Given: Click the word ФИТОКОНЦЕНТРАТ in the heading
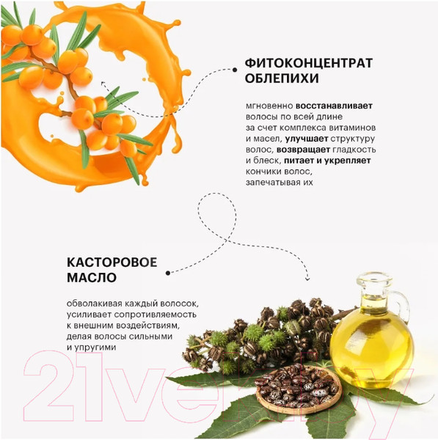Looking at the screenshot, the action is pyautogui.click(x=309, y=63).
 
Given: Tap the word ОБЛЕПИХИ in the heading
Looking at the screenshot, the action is pyautogui.click(x=282, y=78).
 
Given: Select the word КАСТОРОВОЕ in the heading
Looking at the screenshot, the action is pyautogui.click(x=112, y=263).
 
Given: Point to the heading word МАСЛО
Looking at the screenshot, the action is pyautogui.click(x=92, y=277).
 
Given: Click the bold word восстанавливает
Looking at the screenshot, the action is pyautogui.click(x=334, y=106).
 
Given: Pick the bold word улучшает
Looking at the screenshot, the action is pyautogui.click(x=307, y=139).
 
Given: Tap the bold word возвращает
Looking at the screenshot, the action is pyautogui.click(x=303, y=150).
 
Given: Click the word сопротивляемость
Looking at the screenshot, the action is pyautogui.click(x=156, y=315).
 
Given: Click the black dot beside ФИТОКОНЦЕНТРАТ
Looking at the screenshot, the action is pyautogui.click(x=235, y=70).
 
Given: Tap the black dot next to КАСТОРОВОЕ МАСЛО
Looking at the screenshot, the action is pyautogui.click(x=168, y=273).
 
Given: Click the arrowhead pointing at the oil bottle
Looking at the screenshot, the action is pyautogui.click(x=307, y=279).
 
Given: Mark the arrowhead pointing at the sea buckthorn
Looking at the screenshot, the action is pyautogui.click(x=103, y=84).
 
